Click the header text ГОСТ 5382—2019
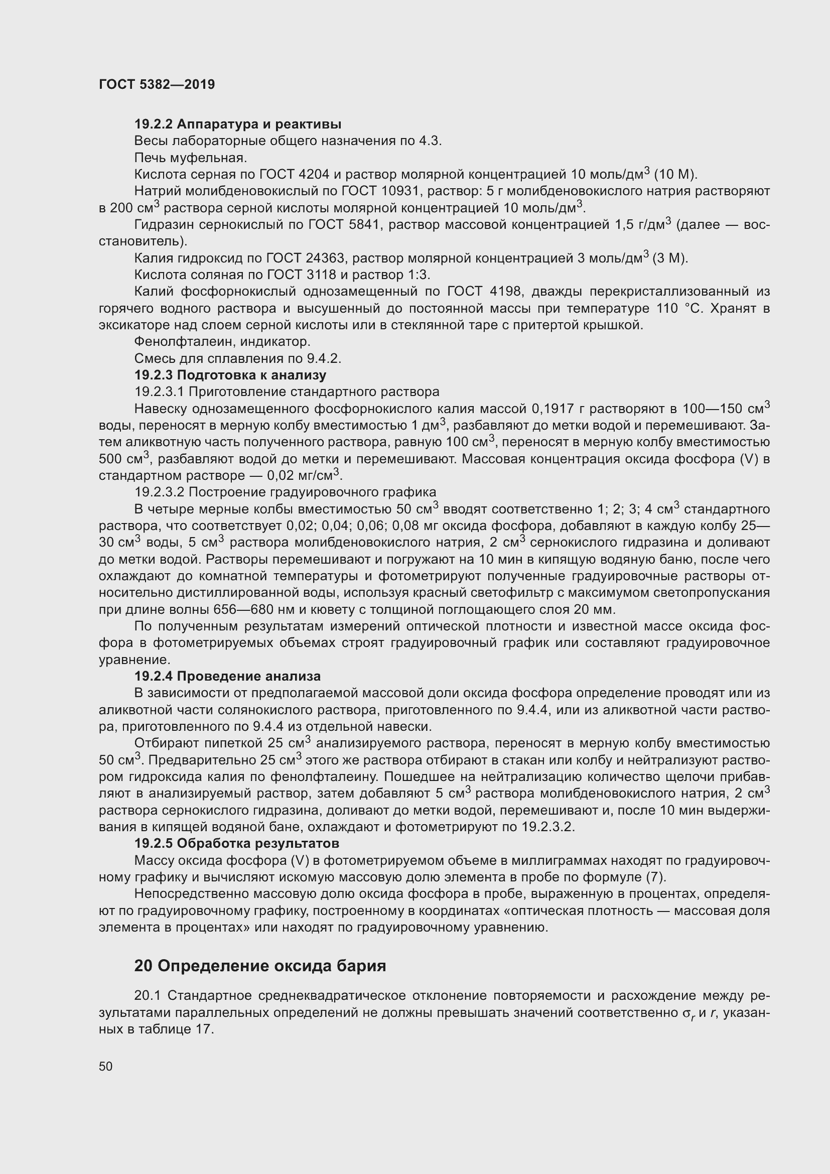pyautogui.click(x=157, y=85)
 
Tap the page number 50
pyautogui.click(x=105, y=1066)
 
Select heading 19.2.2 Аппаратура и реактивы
pyautogui.click(x=238, y=124)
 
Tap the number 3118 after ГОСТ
pyautogui.click(x=319, y=275)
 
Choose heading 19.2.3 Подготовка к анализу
pyautogui.click(x=230, y=375)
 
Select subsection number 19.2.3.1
pyautogui.click(x=160, y=392)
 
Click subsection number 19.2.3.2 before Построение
pyautogui.click(x=160, y=492)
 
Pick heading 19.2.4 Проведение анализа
pyautogui.click(x=227, y=677)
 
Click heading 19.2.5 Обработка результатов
pyautogui.click(x=237, y=843)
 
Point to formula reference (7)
pyautogui.click(x=656, y=877)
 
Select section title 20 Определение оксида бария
pyautogui.click(x=259, y=966)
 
